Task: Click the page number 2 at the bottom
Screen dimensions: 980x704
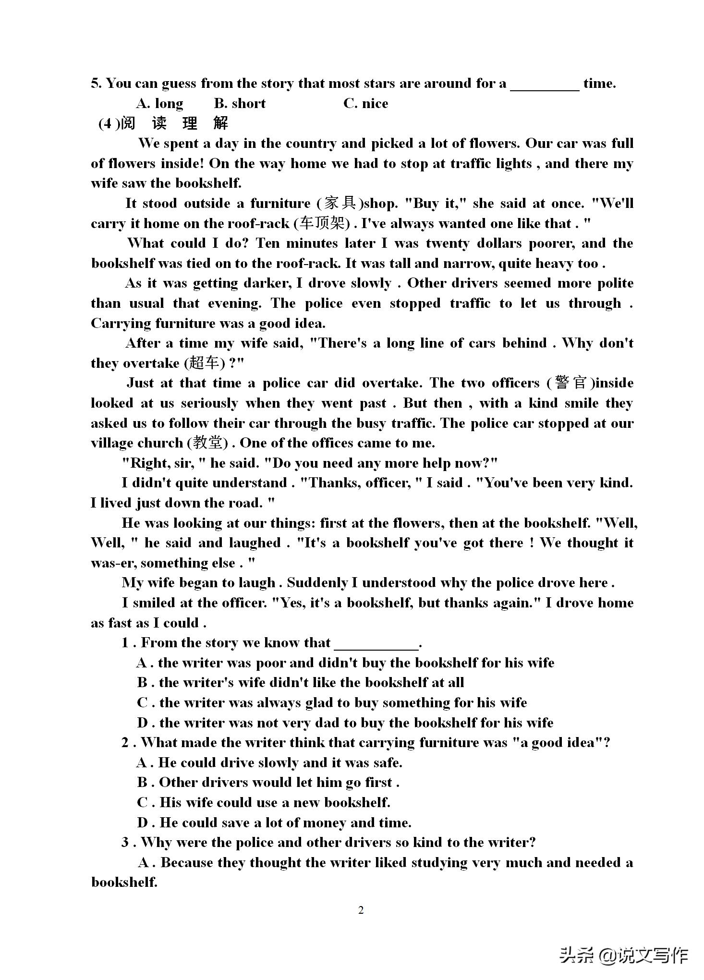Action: pos(361,910)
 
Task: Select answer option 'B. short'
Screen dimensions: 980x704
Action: pos(240,103)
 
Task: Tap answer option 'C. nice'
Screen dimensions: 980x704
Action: pos(365,103)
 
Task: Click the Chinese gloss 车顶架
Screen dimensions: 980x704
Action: pos(321,223)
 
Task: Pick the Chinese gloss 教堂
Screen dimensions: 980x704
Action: pos(209,443)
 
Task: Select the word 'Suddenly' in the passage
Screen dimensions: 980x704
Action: pos(317,582)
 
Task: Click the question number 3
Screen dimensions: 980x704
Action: pos(125,842)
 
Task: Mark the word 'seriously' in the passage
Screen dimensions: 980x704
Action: pos(209,403)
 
